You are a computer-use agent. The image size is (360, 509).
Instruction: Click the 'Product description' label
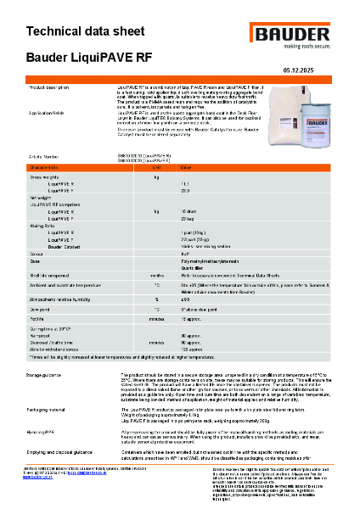55,88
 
